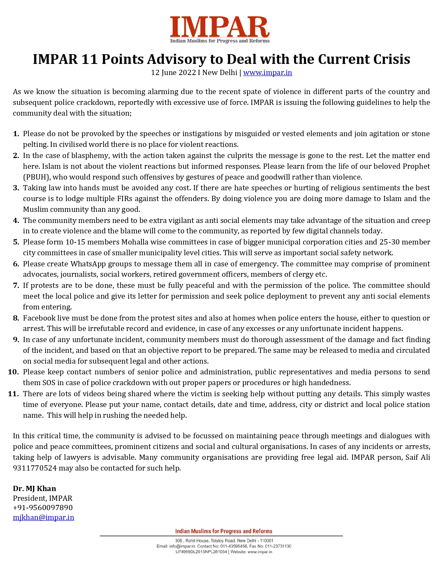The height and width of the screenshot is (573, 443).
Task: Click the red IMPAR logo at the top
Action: (x=220, y=27)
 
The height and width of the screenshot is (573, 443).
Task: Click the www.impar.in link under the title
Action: (x=267, y=73)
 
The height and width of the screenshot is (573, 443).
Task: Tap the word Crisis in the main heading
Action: (x=392, y=59)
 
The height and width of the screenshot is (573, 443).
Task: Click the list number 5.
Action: (x=16, y=242)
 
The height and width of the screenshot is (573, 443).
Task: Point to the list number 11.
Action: (x=13, y=394)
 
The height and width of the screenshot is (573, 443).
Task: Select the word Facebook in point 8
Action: (x=39, y=318)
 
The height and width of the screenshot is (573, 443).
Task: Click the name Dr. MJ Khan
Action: (x=34, y=489)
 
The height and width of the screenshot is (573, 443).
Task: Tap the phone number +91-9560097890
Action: (x=43, y=508)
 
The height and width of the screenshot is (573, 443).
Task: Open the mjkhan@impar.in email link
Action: (x=43, y=517)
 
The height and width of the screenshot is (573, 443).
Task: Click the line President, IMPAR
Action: (x=43, y=498)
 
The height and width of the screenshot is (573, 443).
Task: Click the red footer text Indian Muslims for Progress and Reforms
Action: (x=223, y=531)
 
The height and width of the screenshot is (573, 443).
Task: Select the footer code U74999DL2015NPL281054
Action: (x=201, y=552)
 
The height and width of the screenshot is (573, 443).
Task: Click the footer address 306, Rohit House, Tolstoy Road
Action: (x=205, y=541)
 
